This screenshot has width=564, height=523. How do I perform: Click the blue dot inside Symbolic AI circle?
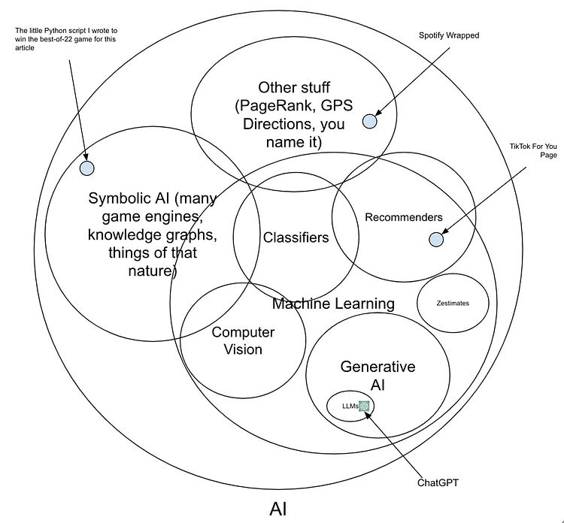(x=87, y=168)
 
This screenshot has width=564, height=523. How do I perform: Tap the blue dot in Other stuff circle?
(x=368, y=121)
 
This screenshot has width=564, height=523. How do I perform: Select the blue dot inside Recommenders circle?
(x=436, y=240)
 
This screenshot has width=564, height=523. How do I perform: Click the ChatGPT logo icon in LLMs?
(x=365, y=406)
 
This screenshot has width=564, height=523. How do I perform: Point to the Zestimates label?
(x=452, y=303)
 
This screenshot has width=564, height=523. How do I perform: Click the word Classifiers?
(x=296, y=237)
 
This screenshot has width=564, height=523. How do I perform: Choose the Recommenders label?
(x=403, y=217)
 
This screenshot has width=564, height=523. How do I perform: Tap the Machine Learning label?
(x=332, y=304)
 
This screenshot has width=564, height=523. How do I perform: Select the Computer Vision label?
(x=243, y=340)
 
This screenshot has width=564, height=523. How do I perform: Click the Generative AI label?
(x=378, y=376)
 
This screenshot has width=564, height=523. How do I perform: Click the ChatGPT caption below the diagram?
(x=438, y=482)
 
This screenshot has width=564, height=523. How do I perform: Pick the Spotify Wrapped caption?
(x=449, y=35)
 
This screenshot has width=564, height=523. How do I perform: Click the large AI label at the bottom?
(x=279, y=509)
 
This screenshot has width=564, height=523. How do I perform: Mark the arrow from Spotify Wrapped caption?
(x=410, y=83)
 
